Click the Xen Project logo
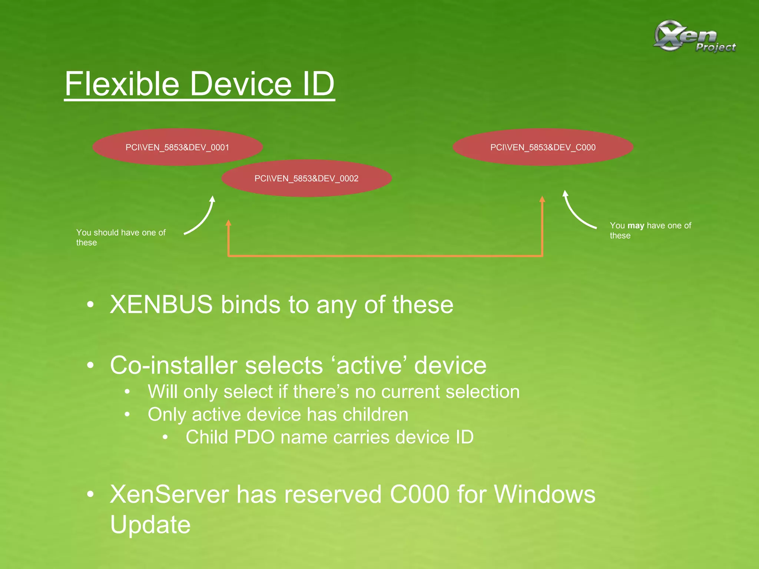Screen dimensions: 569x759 [x=694, y=36]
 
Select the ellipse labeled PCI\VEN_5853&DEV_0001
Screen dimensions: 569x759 [x=178, y=147]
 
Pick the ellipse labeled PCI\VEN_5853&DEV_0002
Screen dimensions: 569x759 [x=306, y=179]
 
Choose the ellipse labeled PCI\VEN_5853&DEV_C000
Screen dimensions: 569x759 [x=543, y=147]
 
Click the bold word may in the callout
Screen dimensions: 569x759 [x=636, y=226]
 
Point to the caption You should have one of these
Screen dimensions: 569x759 [x=121, y=237]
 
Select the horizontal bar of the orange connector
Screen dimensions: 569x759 [x=385, y=256]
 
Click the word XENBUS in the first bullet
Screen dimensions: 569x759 [x=161, y=305]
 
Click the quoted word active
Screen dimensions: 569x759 [x=369, y=366]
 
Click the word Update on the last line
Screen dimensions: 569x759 [x=150, y=525]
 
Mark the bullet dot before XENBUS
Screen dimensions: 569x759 [x=90, y=305]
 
